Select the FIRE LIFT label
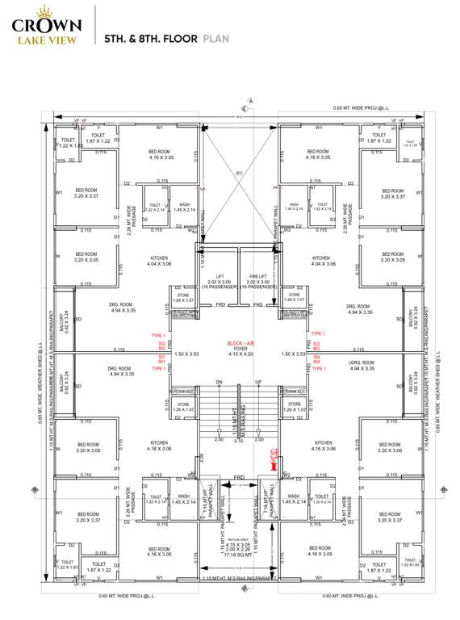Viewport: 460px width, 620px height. (x=257, y=275)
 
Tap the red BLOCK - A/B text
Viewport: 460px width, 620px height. (x=239, y=343)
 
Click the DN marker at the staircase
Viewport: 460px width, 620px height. (x=218, y=382)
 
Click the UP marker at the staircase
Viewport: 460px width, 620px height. (x=258, y=382)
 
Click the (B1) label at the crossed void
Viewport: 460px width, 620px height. (x=239, y=174)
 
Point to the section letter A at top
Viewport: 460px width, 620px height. (x=251, y=100)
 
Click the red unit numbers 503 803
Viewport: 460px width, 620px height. (x=317, y=346)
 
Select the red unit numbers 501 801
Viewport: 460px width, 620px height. (x=161, y=359)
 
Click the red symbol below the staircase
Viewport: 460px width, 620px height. (x=274, y=461)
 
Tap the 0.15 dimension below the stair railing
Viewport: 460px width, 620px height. (x=238, y=441)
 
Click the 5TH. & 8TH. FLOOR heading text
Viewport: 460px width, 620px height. (x=151, y=37)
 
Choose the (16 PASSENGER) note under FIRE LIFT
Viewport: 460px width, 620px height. (x=257, y=287)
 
